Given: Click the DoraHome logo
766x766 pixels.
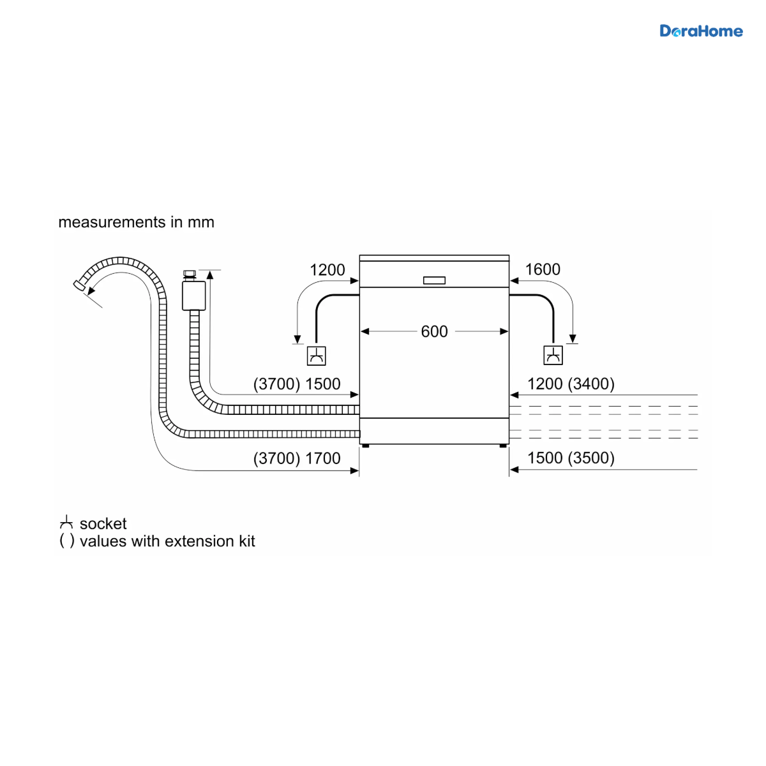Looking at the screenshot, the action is tap(701, 31).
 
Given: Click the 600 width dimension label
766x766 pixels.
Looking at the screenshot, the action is tap(434, 331).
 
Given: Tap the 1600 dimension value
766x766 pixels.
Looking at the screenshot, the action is tap(543, 269).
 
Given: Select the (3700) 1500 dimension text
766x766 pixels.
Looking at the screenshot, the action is tap(297, 384).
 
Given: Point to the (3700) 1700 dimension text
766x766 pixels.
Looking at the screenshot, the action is tap(297, 458).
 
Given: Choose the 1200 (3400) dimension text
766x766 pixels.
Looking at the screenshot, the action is tap(571, 384).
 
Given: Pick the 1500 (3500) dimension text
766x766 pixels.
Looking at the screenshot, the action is tap(571, 458).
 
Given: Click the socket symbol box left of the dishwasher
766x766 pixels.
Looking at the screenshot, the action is tap(317, 356).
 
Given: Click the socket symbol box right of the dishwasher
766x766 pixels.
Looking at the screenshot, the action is tap(553, 356).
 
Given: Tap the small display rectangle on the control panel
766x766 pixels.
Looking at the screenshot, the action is tap(434, 280).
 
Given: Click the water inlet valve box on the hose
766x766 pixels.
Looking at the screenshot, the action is tap(193, 296).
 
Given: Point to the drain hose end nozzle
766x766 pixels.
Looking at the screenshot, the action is tap(79, 285).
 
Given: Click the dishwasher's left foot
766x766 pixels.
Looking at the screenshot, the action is tap(366, 446).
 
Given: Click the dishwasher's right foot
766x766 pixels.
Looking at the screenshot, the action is tap(503, 446).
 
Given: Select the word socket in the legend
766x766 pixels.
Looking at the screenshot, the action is tap(103, 524).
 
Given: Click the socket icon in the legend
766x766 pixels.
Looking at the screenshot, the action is tap(66, 522).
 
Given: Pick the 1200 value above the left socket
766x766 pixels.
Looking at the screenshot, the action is tap(327, 270).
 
